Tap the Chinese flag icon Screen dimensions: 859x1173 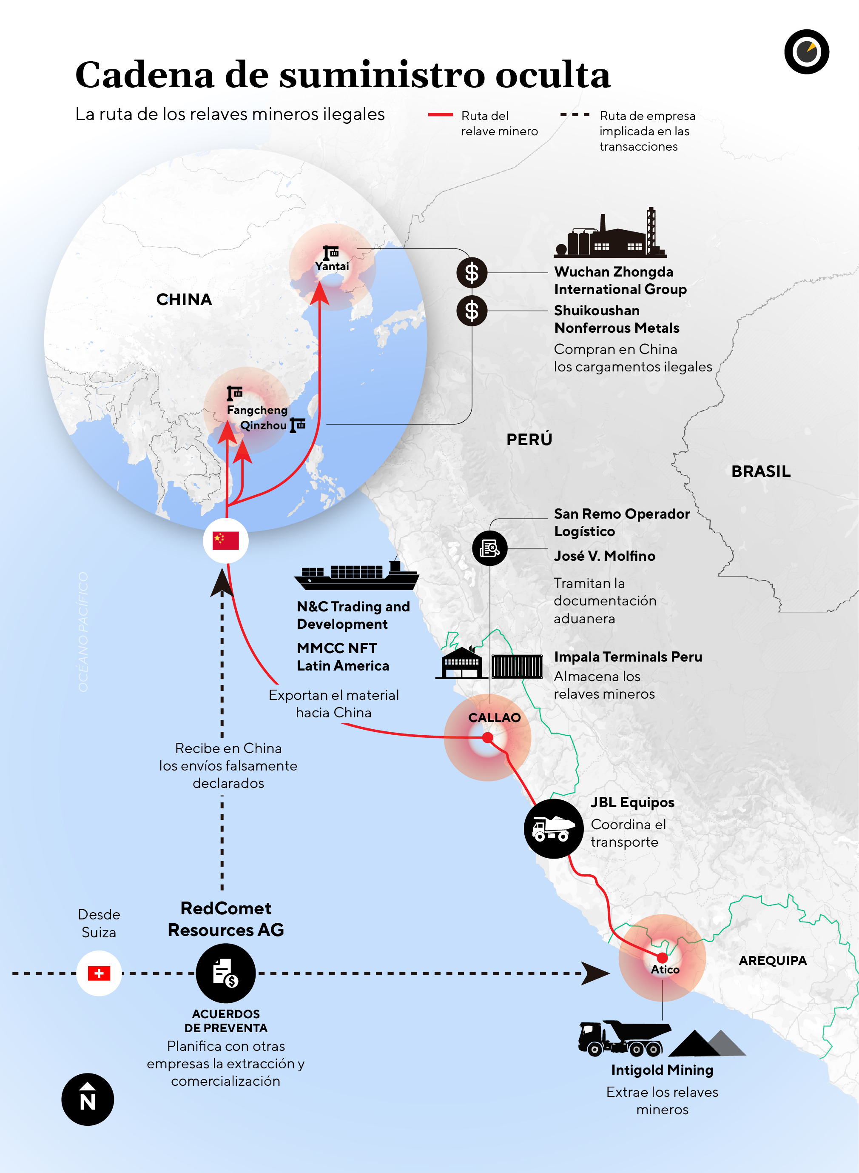pos(226,540)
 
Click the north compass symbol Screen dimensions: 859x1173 pos(87,1099)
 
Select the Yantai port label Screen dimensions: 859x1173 pos(332,266)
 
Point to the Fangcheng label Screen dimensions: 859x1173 pos(257,410)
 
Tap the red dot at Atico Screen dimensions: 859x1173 pos(662,958)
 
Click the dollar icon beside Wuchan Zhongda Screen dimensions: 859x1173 pos(472,273)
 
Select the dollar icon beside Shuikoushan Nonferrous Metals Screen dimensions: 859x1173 pos(472,311)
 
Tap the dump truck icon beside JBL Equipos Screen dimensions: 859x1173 pos(554,829)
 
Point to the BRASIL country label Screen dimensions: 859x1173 pos(761,471)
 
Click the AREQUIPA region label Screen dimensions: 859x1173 pos(773,960)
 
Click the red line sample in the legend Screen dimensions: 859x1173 pos(441,114)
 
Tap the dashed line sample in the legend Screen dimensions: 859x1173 pos(575,114)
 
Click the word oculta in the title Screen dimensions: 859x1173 pos(553,75)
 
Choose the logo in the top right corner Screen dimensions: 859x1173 pos(807,51)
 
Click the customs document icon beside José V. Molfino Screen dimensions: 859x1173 pos(489,548)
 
